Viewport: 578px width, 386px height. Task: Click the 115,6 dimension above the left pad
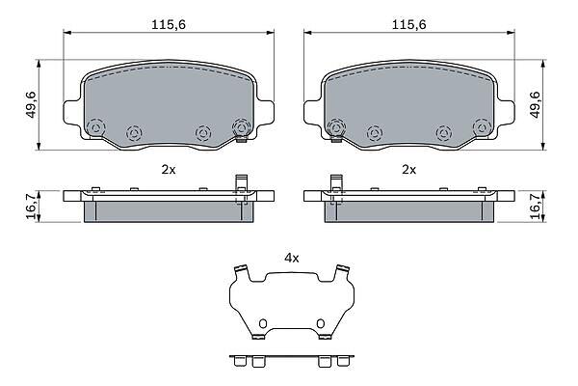[x=169, y=25]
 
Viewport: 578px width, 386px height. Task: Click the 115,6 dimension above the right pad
[x=408, y=25]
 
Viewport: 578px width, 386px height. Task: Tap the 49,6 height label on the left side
[x=31, y=105]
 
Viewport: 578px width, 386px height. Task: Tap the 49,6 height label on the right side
[x=536, y=105]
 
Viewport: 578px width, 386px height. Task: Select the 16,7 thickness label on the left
[x=31, y=207]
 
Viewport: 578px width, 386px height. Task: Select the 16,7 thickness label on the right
[x=536, y=207]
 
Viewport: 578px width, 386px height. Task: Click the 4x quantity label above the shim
[x=291, y=259]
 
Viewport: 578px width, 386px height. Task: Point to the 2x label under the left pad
[x=169, y=170]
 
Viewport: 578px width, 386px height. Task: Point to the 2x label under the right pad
[x=408, y=170]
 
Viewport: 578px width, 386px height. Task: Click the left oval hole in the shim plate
[x=262, y=323]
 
